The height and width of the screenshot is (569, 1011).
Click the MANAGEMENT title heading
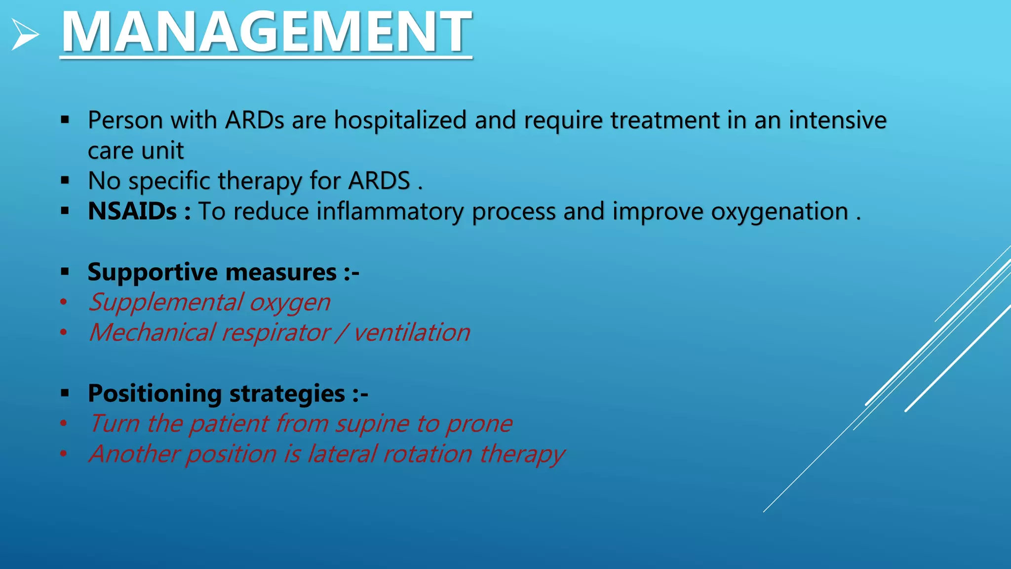click(x=266, y=33)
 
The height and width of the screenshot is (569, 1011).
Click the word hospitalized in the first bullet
click(x=400, y=120)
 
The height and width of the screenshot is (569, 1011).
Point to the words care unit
click(x=136, y=151)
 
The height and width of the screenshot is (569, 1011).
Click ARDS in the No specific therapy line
click(x=379, y=181)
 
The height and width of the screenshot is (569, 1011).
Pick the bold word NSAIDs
click(x=132, y=211)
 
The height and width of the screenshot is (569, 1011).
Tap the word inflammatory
click(x=389, y=211)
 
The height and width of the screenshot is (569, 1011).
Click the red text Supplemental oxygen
click(x=209, y=302)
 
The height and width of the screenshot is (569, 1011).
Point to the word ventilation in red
click(x=412, y=332)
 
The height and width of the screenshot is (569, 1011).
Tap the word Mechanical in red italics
click(x=152, y=332)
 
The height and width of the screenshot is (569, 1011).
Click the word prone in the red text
click(x=479, y=424)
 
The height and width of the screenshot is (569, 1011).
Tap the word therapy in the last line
click(x=522, y=454)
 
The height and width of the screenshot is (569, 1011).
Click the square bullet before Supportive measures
click(x=65, y=272)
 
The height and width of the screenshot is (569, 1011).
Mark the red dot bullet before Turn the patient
click(x=63, y=423)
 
